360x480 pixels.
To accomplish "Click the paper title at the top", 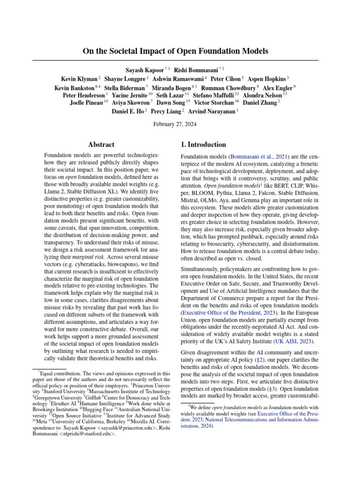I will [175, 51].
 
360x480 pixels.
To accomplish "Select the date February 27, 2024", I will [175, 124].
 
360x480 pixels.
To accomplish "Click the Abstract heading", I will [101, 145].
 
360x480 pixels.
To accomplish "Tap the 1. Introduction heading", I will [203, 145].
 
